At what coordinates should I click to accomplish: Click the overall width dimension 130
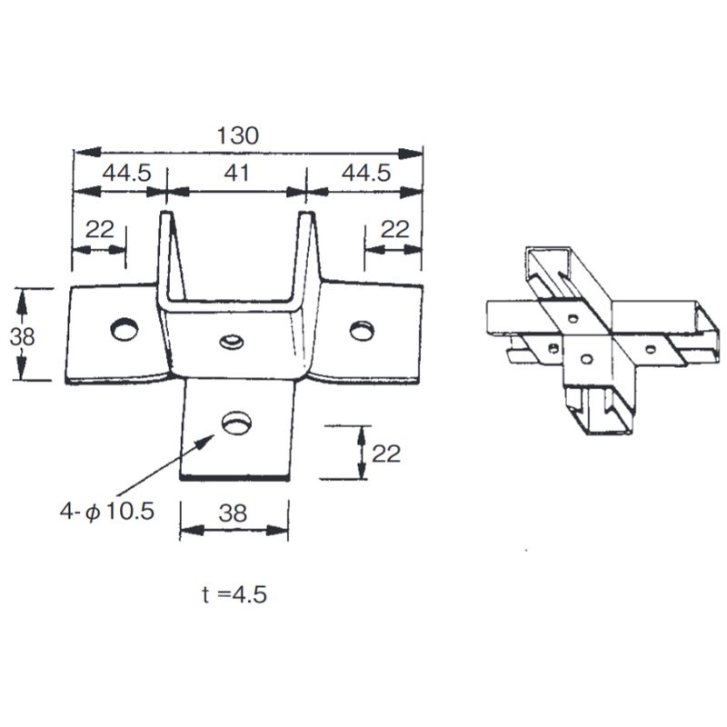click(x=238, y=135)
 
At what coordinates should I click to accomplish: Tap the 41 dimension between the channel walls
click(x=237, y=173)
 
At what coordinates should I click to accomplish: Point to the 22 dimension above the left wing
click(x=99, y=229)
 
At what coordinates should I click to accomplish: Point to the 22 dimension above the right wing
click(x=394, y=229)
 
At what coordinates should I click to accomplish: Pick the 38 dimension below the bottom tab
click(x=234, y=513)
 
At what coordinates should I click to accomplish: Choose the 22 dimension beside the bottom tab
click(x=386, y=453)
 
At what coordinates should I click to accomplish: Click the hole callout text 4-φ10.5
click(x=106, y=511)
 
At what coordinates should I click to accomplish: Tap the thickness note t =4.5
click(x=234, y=594)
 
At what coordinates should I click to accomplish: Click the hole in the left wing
click(x=123, y=328)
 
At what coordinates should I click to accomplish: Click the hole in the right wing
click(x=362, y=328)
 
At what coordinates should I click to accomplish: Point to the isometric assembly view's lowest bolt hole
click(x=587, y=355)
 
